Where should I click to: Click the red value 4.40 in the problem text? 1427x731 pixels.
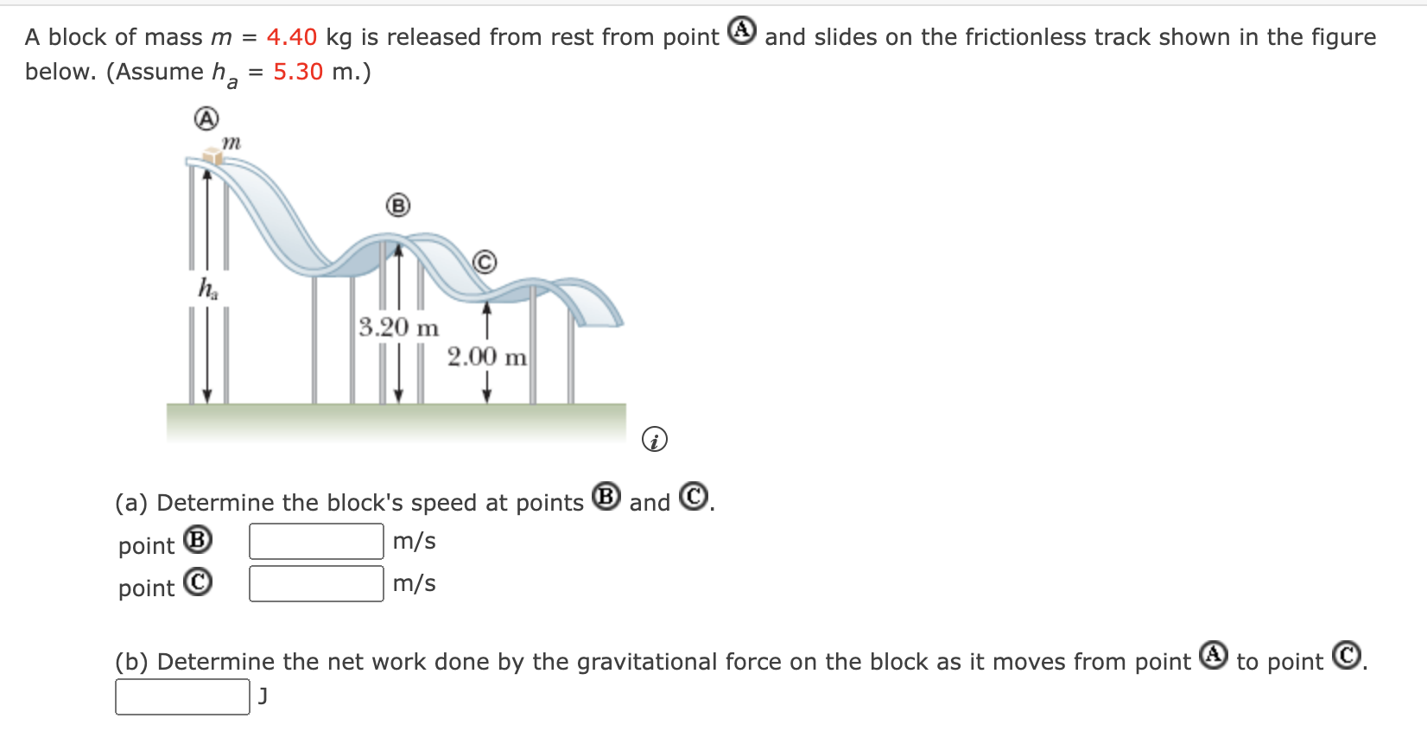[x=291, y=37]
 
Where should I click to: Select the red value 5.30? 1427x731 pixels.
[x=298, y=72]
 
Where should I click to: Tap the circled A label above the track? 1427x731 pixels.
[x=206, y=118]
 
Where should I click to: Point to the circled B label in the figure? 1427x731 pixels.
[x=397, y=206]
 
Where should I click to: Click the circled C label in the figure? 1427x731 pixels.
[x=485, y=262]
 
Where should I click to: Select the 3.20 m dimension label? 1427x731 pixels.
[x=398, y=327]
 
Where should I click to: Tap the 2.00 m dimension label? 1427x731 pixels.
[x=486, y=357]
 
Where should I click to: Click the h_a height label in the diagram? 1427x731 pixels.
[x=208, y=288]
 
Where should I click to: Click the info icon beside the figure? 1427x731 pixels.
[x=655, y=440]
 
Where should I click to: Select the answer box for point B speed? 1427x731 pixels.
[x=316, y=542]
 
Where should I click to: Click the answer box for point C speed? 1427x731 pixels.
[x=316, y=584]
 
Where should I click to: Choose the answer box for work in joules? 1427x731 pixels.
[x=182, y=697]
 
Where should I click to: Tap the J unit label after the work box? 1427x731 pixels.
[x=263, y=696]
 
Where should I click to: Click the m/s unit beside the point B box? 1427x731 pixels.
[x=414, y=542]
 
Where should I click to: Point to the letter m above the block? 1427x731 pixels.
[x=231, y=141]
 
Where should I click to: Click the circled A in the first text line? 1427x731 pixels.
[x=742, y=31]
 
